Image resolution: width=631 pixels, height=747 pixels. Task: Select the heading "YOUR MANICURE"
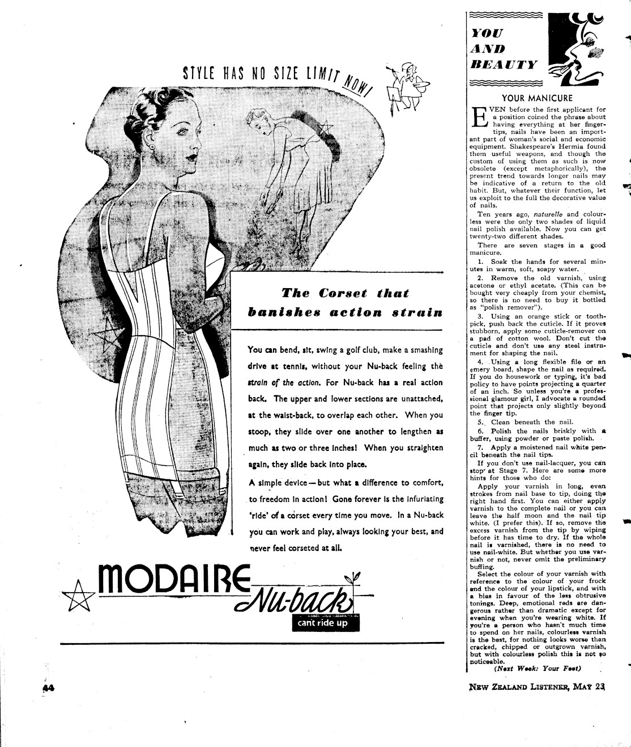click(x=538, y=98)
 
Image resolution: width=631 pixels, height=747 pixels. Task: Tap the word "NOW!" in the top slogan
click(x=357, y=86)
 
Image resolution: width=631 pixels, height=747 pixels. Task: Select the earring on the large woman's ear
click(x=154, y=146)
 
